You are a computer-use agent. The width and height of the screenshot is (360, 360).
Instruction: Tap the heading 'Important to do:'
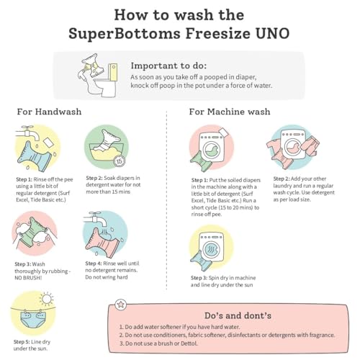[168, 66]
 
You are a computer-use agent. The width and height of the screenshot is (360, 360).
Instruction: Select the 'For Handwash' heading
[49, 112]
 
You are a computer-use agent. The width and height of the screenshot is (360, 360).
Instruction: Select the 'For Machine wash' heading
[230, 112]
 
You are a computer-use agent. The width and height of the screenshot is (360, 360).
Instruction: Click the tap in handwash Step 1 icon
[28, 132]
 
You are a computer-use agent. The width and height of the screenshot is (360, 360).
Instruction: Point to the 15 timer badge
[120, 161]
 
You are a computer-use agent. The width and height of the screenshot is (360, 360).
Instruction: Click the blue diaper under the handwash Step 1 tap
[35, 156]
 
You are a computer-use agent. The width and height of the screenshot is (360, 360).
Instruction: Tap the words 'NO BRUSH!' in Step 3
[28, 278]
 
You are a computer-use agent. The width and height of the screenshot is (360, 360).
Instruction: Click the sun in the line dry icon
[47, 299]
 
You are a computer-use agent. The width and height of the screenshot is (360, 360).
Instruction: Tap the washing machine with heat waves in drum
[211, 247]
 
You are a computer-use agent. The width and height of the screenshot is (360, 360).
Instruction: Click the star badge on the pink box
[120, 305]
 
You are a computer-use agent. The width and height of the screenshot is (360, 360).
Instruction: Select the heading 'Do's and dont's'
[238, 315]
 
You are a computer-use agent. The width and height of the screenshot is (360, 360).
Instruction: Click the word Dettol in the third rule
[189, 343]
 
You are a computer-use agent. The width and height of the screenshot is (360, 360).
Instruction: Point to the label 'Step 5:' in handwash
[22, 342]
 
